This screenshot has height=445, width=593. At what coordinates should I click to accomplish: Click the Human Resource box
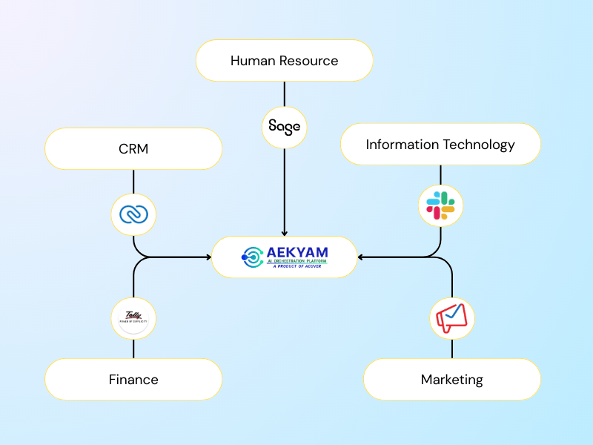[284, 61]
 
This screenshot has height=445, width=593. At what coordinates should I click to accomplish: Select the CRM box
[133, 149]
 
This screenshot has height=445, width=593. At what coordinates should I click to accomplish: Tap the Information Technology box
[440, 145]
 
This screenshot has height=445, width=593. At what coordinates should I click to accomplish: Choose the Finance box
[133, 380]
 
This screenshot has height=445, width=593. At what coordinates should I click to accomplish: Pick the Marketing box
[451, 380]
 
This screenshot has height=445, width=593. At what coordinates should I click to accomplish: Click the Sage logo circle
[285, 127]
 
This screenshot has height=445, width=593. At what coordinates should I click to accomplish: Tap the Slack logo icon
[440, 205]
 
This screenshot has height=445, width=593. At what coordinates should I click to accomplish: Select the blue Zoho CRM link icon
[133, 214]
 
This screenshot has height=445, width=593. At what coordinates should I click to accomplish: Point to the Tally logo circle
[133, 319]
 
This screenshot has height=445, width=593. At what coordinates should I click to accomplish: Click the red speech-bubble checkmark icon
[451, 319]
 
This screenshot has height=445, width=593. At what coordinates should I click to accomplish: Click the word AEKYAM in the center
[296, 252]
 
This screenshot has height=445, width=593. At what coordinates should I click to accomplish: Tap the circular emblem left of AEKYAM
[252, 257]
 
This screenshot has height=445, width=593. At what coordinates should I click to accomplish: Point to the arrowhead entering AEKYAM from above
[285, 233]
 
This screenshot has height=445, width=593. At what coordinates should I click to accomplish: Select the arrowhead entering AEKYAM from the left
[208, 257]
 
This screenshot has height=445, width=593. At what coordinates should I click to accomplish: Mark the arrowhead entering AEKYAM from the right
[361, 257]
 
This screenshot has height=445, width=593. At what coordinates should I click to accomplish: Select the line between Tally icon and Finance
[133, 349]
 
